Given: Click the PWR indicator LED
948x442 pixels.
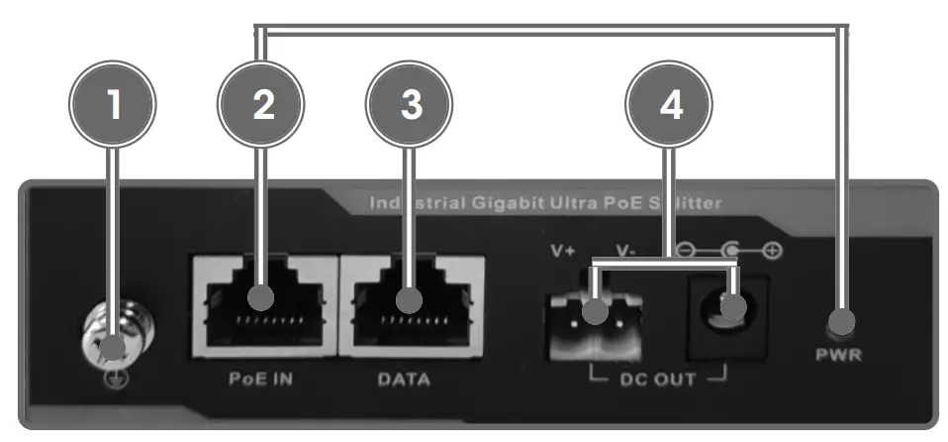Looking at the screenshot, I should coord(841,321).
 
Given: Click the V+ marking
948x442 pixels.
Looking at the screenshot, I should coord(563,250).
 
